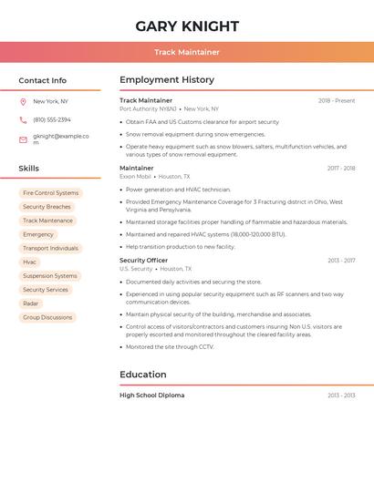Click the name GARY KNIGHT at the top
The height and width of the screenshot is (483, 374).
tap(187, 26)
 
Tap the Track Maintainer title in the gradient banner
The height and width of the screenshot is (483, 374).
tap(187, 53)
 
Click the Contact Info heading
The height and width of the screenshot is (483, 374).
tap(42, 80)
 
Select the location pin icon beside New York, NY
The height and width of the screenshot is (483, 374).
tap(23, 102)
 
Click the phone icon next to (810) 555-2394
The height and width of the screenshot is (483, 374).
tap(23, 120)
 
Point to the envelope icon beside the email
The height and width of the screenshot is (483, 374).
tap(23, 139)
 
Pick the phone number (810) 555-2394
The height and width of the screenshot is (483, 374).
tap(52, 120)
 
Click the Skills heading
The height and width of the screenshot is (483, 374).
tap(28, 169)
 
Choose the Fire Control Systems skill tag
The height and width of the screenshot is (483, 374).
tap(50, 193)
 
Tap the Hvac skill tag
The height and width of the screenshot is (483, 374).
tap(30, 262)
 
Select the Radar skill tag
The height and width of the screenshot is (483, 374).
tap(31, 303)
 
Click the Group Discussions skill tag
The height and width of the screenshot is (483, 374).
tap(47, 317)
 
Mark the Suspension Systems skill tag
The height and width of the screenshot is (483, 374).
tap(50, 275)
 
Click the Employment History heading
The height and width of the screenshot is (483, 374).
tap(167, 80)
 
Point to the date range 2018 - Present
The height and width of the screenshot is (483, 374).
tap(337, 101)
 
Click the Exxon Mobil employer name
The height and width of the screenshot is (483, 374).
tap(135, 177)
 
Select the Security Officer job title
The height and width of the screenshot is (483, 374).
tap(143, 260)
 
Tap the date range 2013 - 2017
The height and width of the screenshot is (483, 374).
tap(341, 261)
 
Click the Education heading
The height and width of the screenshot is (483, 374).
tap(143, 375)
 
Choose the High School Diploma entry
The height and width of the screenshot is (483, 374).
tap(151, 396)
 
